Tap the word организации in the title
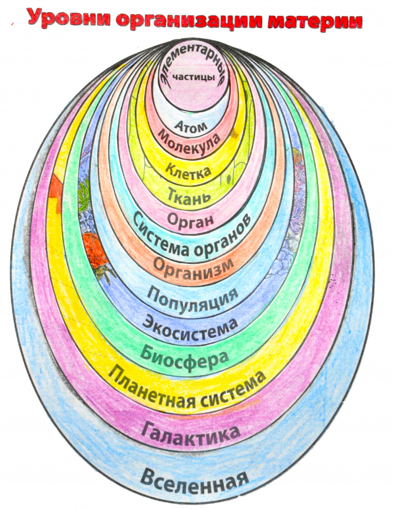[x=186, y=20]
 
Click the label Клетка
[x=188, y=171]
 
